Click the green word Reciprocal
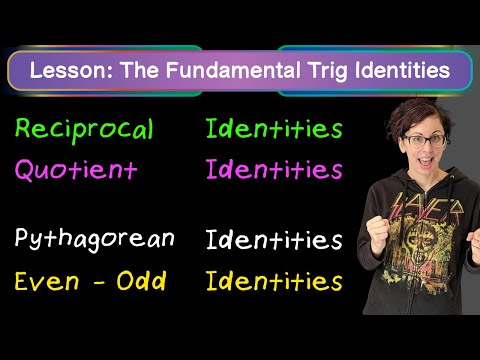pyautogui.click(x=84, y=130)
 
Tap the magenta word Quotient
pyautogui.click(x=76, y=170)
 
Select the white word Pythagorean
pyautogui.click(x=95, y=239)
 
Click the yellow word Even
pyautogui.click(x=47, y=281)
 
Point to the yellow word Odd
pyautogui.click(x=141, y=281)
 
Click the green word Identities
pyautogui.click(x=274, y=129)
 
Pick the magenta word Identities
pyautogui.click(x=274, y=169)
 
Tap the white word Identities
pyautogui.click(x=274, y=239)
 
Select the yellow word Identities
pyautogui.click(x=274, y=281)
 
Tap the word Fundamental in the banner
pyautogui.click(x=233, y=70)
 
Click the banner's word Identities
pyautogui.click(x=402, y=70)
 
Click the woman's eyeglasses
pyautogui.click(x=425, y=140)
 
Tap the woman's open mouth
pyautogui.click(x=426, y=161)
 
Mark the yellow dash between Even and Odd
pyautogui.click(x=99, y=284)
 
